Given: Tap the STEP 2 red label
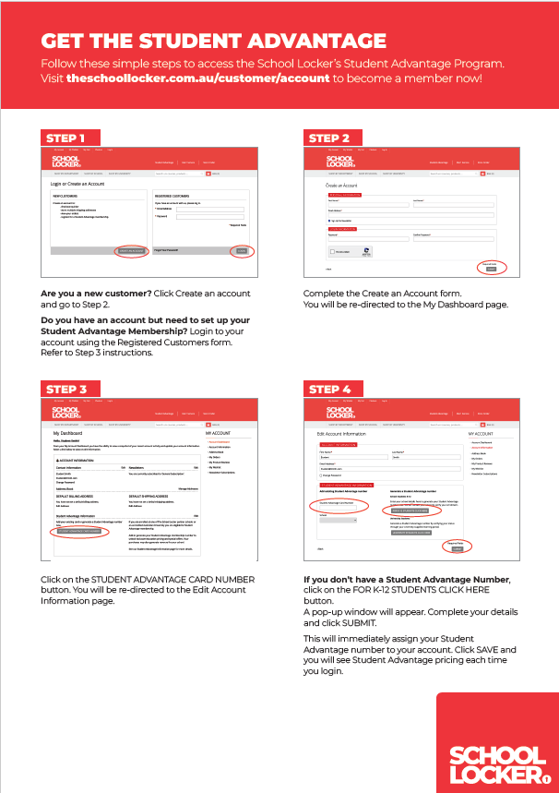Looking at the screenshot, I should pos(329,138).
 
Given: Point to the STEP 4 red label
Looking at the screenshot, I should pos(329,389).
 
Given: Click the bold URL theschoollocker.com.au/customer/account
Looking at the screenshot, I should pos(198,78).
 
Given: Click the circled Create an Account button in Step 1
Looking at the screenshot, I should pos(132,251).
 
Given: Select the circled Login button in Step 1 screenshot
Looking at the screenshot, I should pos(243,251).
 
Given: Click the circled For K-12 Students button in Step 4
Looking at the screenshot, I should pos(410,485).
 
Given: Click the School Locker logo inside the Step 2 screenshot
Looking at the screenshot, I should pos(339,162).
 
